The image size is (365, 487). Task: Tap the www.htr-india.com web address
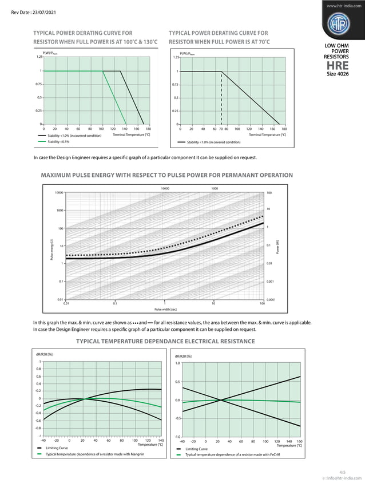click(342, 6)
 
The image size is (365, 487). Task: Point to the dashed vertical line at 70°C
click(221, 97)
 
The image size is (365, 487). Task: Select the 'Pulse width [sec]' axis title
click(164, 309)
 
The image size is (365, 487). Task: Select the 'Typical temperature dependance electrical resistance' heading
click(165, 342)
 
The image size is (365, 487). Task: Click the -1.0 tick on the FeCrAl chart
click(177, 437)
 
